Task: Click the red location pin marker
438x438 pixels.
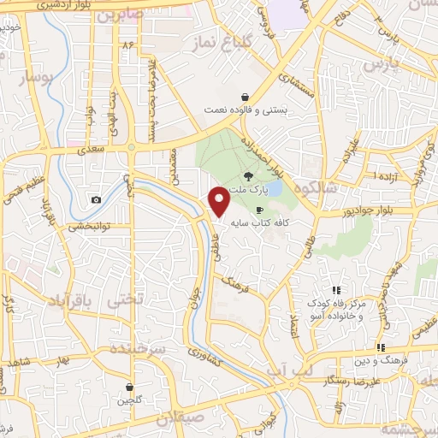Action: (x=220, y=200)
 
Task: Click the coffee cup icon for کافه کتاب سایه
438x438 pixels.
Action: (x=259, y=210)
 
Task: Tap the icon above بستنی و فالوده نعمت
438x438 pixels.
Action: (x=246, y=97)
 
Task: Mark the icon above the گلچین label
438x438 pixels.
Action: (x=129, y=387)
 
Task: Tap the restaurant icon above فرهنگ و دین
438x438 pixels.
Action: (x=381, y=347)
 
